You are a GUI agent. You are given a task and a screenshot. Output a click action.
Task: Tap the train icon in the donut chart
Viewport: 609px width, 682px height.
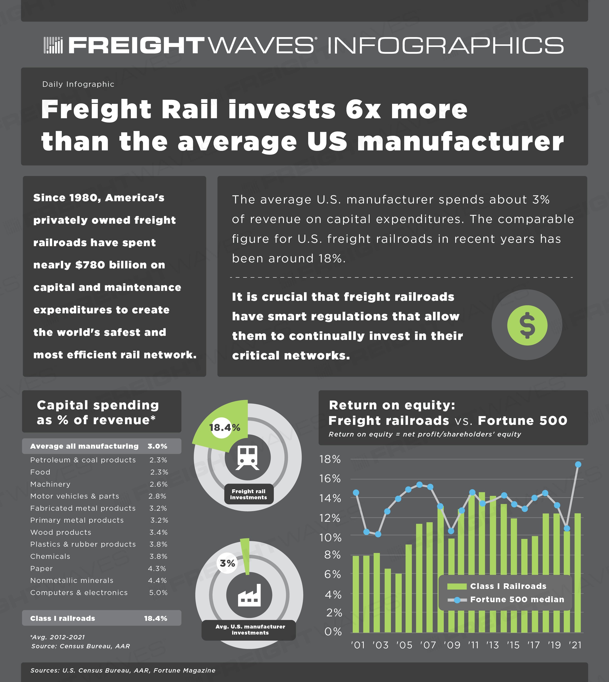[x=247, y=457]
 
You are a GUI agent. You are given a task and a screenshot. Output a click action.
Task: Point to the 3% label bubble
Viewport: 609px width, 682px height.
[x=228, y=563]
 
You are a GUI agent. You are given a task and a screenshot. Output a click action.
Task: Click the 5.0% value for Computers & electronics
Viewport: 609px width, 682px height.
[x=158, y=593]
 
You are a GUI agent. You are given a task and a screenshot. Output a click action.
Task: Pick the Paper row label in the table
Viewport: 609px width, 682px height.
[x=42, y=568]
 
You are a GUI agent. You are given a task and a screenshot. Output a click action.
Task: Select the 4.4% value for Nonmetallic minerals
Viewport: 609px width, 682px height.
[x=158, y=581]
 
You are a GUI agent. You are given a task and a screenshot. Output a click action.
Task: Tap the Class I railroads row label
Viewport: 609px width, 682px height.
[x=62, y=618]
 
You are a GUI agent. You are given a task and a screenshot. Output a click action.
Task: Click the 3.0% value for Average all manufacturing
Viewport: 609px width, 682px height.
[x=157, y=446]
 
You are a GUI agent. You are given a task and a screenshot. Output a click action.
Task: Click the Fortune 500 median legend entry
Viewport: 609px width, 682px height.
[x=506, y=599]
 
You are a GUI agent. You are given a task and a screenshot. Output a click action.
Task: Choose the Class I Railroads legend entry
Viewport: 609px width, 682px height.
[x=497, y=586]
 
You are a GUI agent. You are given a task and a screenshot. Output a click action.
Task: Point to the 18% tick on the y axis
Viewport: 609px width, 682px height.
[x=330, y=459]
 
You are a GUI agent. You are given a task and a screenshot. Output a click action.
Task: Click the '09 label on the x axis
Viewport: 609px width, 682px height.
[x=452, y=645]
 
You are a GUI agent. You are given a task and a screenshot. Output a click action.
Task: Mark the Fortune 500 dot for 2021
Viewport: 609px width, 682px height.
[x=578, y=464]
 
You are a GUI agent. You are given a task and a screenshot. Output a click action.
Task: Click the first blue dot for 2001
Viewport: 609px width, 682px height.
[x=356, y=493]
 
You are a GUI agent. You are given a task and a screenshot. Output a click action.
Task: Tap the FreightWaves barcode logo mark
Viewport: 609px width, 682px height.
[x=53, y=45]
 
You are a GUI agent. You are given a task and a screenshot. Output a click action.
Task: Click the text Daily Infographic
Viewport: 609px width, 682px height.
[x=78, y=84]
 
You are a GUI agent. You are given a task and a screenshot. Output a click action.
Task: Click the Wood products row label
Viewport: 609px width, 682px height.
[x=60, y=533]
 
